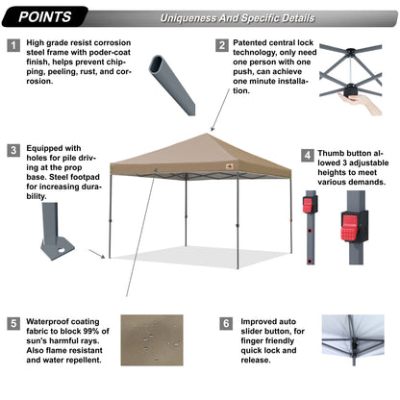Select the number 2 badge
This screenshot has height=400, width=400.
[x=222, y=45]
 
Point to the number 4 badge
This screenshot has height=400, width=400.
[x=307, y=155]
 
